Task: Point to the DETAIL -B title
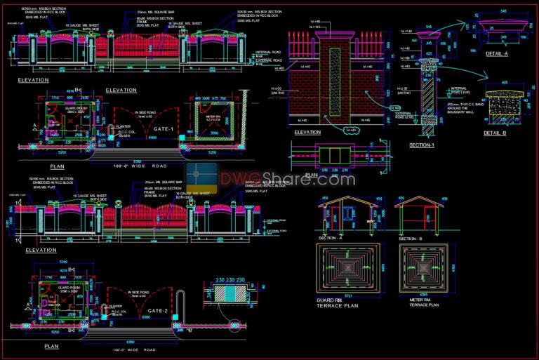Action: click(495, 133)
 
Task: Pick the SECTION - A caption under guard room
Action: click(331, 238)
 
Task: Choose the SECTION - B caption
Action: click(409, 238)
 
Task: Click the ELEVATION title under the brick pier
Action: click(307, 132)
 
